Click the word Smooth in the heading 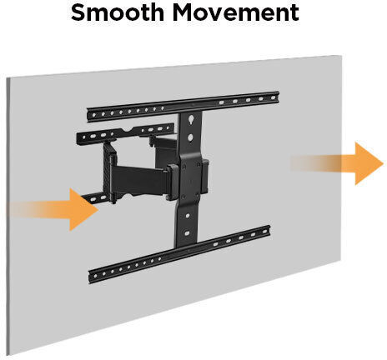click(118, 12)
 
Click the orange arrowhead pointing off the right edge click(369, 163)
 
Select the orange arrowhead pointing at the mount click(83, 209)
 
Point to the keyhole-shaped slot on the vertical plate click(191, 119)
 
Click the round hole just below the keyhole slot click(190, 137)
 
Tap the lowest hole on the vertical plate click(187, 232)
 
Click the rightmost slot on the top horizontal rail click(273, 97)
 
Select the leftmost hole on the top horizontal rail click(94, 115)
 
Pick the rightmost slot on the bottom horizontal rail click(264, 232)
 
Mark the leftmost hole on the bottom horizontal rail click(95, 276)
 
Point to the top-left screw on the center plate click(184, 167)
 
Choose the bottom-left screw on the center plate click(183, 197)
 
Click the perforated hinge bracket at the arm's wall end click(109, 172)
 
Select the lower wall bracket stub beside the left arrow click(95, 197)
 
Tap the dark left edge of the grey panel click(8, 217)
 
